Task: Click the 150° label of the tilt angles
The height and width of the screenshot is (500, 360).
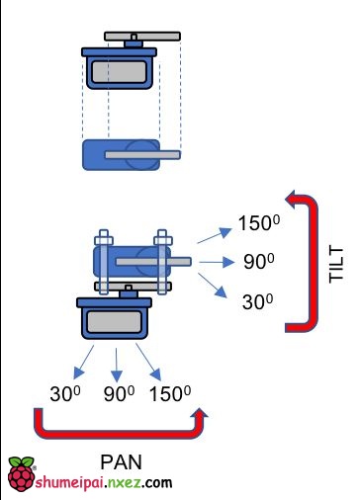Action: (x=259, y=223)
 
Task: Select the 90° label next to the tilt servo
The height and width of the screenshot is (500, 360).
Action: (x=259, y=262)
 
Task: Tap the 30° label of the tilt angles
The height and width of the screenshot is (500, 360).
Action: (x=258, y=301)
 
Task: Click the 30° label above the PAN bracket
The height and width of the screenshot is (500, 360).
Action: (x=65, y=393)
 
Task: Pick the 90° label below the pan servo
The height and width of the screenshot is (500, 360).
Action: (x=119, y=393)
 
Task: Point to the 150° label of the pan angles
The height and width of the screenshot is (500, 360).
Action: (x=170, y=393)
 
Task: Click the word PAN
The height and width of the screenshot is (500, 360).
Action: (x=121, y=462)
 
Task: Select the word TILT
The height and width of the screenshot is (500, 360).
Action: (x=336, y=264)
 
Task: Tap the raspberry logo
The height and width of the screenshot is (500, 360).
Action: (x=22, y=473)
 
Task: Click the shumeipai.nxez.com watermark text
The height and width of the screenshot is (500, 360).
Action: (x=104, y=483)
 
